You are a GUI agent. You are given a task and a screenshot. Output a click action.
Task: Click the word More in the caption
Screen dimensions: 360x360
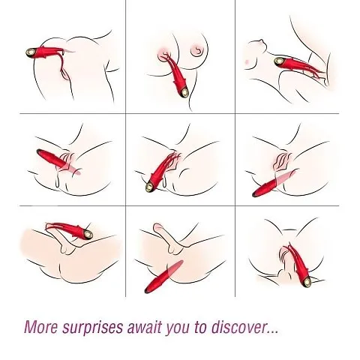tap(40, 326)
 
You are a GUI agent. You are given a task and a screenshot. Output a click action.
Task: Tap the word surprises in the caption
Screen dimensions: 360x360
tap(92, 328)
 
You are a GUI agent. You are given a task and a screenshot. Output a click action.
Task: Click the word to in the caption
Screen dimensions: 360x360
tap(200, 327)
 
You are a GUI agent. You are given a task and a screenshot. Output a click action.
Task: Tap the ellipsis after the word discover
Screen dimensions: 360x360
tap(272, 331)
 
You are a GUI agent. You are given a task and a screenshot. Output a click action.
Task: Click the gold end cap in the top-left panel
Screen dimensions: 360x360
tap(30, 52)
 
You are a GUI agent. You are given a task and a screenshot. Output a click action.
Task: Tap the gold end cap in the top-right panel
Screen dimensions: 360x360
tap(278, 61)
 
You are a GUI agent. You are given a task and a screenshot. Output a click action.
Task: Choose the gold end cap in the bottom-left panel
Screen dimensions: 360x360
tap(88, 234)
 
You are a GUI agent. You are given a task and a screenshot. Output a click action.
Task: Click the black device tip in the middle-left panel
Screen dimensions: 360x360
tap(39, 151)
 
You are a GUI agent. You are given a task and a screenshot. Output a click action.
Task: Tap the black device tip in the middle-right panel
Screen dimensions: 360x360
tap(255, 194)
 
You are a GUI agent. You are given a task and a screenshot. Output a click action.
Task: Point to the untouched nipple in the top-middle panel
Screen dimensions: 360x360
tap(196, 50)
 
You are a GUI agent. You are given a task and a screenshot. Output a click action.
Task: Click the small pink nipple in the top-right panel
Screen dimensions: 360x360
tap(247, 61)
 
